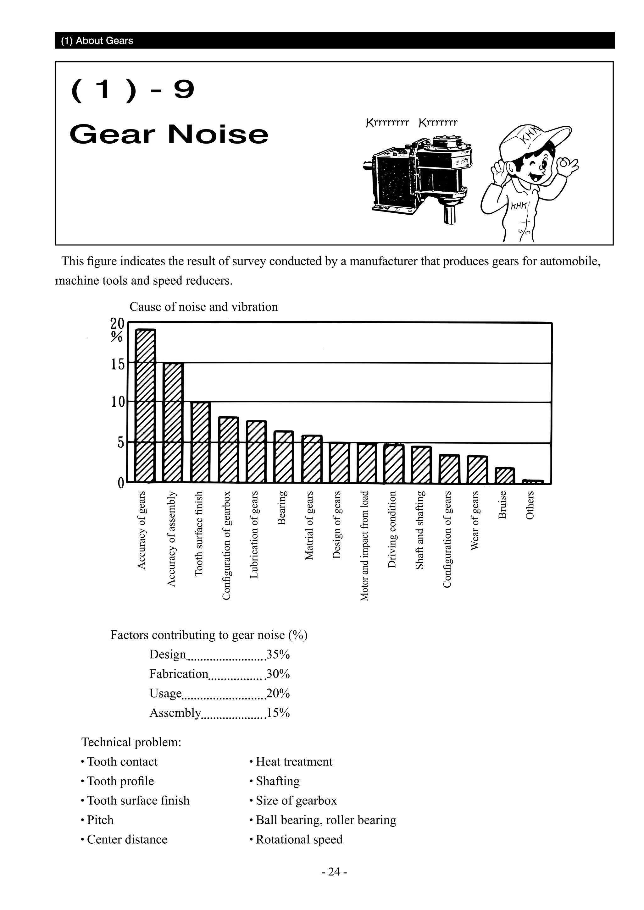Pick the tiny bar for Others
(x=533, y=482)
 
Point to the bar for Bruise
(x=505, y=476)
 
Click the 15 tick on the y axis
(x=117, y=364)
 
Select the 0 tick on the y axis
(x=120, y=483)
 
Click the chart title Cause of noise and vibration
(x=203, y=307)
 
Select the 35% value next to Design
(x=278, y=654)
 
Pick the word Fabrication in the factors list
(x=178, y=674)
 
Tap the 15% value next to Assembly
(x=278, y=713)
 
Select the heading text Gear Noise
(x=169, y=134)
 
